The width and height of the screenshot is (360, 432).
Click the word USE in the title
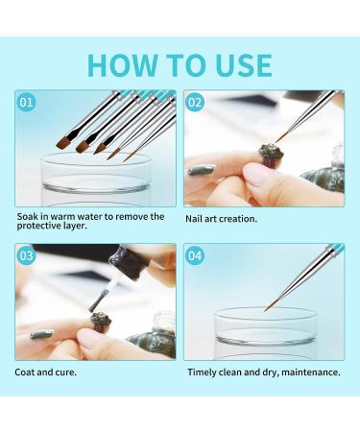[244, 65]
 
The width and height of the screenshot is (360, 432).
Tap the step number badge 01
[26, 103]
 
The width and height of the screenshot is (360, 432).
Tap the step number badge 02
[195, 103]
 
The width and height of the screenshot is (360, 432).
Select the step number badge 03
[26, 255]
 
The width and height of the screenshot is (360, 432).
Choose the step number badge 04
[195, 255]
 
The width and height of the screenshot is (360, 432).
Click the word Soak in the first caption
[27, 217]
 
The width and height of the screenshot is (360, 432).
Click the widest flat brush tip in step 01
[63, 143]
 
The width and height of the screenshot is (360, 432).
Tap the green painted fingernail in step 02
[201, 169]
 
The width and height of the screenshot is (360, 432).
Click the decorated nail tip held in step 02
[271, 155]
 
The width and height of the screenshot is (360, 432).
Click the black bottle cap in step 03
[130, 261]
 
